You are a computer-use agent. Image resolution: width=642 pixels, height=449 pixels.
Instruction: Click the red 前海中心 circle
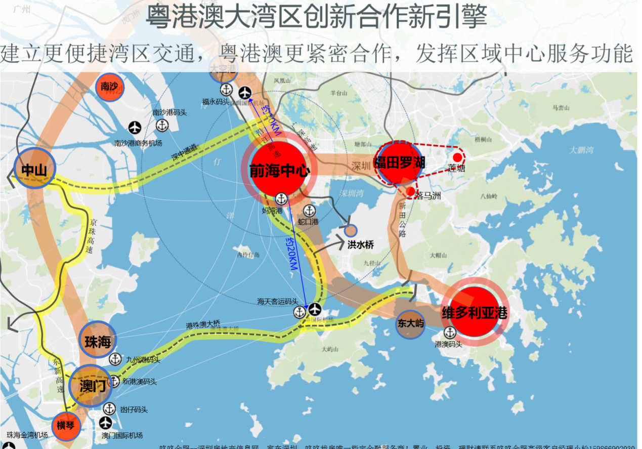280,169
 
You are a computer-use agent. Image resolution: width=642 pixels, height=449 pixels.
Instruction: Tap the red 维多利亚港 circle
474,311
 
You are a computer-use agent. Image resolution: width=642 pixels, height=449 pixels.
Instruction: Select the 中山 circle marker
34,169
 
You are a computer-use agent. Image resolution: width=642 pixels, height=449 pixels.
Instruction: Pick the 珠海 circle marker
98,341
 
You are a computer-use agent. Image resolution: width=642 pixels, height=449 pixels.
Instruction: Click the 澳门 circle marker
91,386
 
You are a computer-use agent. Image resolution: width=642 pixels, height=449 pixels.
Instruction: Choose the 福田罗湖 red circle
400,162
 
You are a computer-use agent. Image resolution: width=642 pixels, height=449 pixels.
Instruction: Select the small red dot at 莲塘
457,157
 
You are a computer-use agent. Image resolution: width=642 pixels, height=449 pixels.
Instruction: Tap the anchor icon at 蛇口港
309,211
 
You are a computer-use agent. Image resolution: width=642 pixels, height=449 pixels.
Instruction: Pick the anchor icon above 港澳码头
450,333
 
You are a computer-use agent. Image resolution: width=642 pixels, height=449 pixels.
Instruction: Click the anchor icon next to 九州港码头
115,359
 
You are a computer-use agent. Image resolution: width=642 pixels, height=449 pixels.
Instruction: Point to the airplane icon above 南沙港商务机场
135,127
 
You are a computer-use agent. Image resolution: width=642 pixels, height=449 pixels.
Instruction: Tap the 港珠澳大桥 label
203,323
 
